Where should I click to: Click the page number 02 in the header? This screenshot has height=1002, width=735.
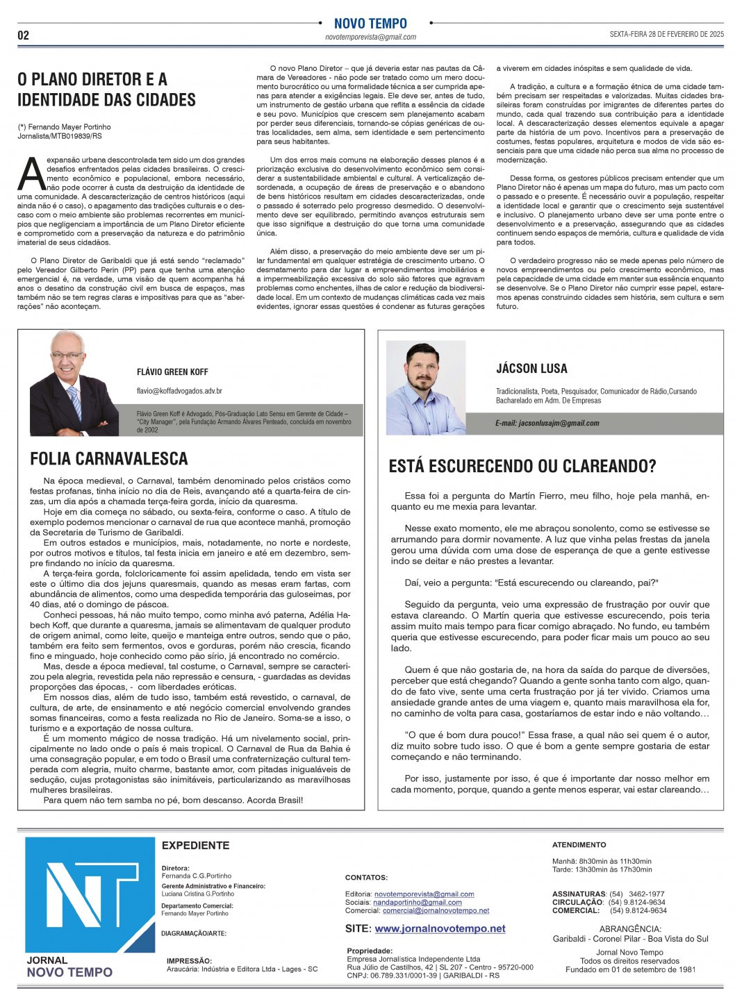[x=24, y=35]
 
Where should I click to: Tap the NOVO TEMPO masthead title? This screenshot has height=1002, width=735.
[x=370, y=24]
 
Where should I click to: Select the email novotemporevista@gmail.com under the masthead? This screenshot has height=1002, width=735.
[x=370, y=37]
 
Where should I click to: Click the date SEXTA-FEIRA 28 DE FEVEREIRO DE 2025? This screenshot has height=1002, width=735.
[x=666, y=34]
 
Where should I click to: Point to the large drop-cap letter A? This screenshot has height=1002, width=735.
[x=31, y=174]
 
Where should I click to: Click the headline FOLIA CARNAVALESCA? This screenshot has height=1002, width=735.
[x=109, y=458]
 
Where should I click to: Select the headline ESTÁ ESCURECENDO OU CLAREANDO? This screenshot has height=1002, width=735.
[x=522, y=466]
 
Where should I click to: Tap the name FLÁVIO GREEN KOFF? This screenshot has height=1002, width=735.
[x=172, y=372]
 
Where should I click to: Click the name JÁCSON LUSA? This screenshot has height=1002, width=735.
[x=531, y=369]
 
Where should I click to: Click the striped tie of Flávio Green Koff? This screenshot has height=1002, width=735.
[x=74, y=403]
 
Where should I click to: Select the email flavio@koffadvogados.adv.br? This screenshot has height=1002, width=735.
[x=179, y=392]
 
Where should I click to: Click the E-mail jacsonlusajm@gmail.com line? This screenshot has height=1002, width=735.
[x=547, y=423]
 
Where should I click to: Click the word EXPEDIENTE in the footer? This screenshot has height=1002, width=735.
[x=195, y=845]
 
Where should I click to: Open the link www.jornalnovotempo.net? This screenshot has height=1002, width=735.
[x=440, y=928]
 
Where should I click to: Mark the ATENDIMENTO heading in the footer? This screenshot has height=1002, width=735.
[x=579, y=845]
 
